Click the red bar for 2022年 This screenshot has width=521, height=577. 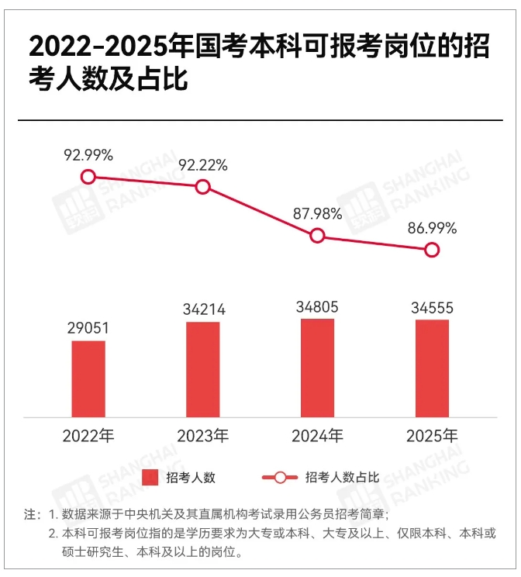88,378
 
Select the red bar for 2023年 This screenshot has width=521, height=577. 203,369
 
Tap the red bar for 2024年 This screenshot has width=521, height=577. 317,368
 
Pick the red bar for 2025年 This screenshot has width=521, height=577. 432,368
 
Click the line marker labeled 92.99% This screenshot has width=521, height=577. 88,177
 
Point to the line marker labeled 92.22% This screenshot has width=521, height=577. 203,186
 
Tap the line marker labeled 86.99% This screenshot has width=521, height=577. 432,250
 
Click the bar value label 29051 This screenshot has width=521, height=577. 88,328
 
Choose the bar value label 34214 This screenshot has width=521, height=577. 203,309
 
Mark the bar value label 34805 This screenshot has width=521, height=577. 317,306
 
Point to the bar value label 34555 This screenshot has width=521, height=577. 432,308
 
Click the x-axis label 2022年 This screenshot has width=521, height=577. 88,436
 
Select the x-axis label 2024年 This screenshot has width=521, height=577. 317,436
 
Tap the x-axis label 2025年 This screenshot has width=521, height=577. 432,436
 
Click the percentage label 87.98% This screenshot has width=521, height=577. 317,214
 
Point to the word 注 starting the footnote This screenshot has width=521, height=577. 30,515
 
